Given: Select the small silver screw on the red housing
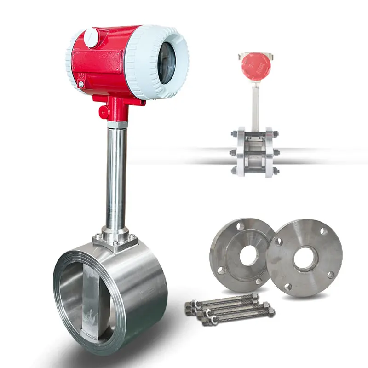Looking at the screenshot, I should (x=81, y=85).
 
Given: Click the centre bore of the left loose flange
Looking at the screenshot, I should (x=249, y=255).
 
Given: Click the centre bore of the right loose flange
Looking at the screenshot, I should (x=305, y=258).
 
